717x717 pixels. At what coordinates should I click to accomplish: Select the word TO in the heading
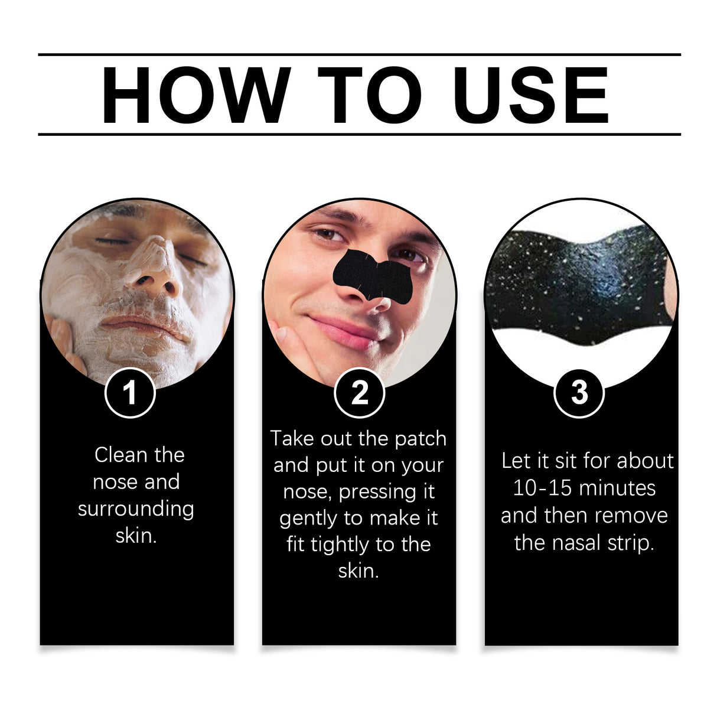pyautogui.click(x=370, y=96)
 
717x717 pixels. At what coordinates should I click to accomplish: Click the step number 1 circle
pyautogui.click(x=130, y=393)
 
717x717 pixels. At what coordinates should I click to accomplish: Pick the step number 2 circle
pyautogui.click(x=359, y=393)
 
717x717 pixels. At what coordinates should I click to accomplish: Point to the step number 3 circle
pyautogui.click(x=579, y=392)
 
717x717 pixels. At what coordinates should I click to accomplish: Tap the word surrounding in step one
pyautogui.click(x=136, y=509)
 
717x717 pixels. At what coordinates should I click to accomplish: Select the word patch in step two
pyautogui.click(x=421, y=439)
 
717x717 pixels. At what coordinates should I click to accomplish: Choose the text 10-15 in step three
pyautogui.click(x=535, y=488)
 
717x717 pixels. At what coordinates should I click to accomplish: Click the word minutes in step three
pyautogui.click(x=618, y=488)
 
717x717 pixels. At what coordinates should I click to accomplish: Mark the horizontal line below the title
pyautogui.click(x=359, y=135)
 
